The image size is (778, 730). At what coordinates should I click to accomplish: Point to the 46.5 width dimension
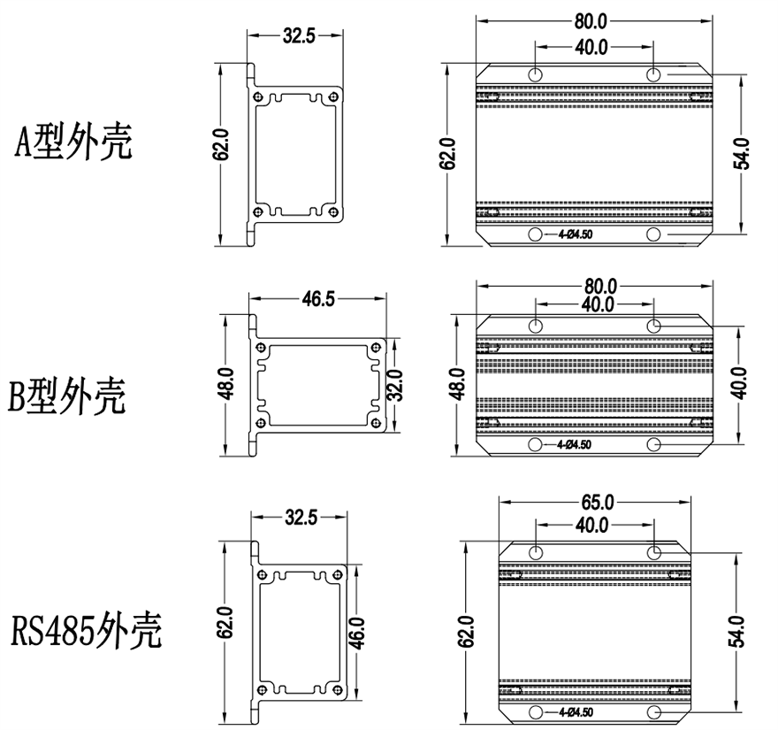(x=318, y=298)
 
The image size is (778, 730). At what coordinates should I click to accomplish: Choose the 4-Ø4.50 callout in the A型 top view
(x=575, y=235)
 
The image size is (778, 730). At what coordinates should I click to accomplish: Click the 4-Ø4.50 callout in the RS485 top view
(x=575, y=712)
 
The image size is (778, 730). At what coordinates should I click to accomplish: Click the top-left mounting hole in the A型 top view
(x=536, y=74)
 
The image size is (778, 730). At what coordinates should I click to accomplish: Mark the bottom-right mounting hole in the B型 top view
(x=654, y=444)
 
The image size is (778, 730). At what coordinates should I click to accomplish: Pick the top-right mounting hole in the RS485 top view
(x=654, y=552)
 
